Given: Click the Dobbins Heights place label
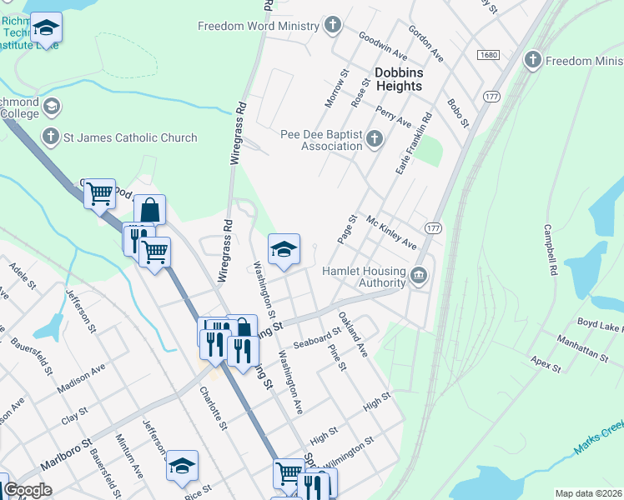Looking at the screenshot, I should pos(399,79).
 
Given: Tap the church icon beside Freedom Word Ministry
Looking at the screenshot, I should pos(333,25).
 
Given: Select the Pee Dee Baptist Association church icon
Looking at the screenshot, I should pos(375,139).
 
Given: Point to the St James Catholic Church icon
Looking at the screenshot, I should pos(50,137).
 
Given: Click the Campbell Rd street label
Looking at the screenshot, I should pos(550,249).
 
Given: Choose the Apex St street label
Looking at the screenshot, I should pos(546,365).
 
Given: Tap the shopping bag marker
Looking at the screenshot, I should pos(149,211).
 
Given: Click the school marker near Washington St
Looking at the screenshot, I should pos(284,249).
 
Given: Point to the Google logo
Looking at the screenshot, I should pos(28,490).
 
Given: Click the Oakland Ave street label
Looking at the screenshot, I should pos(353,334).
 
